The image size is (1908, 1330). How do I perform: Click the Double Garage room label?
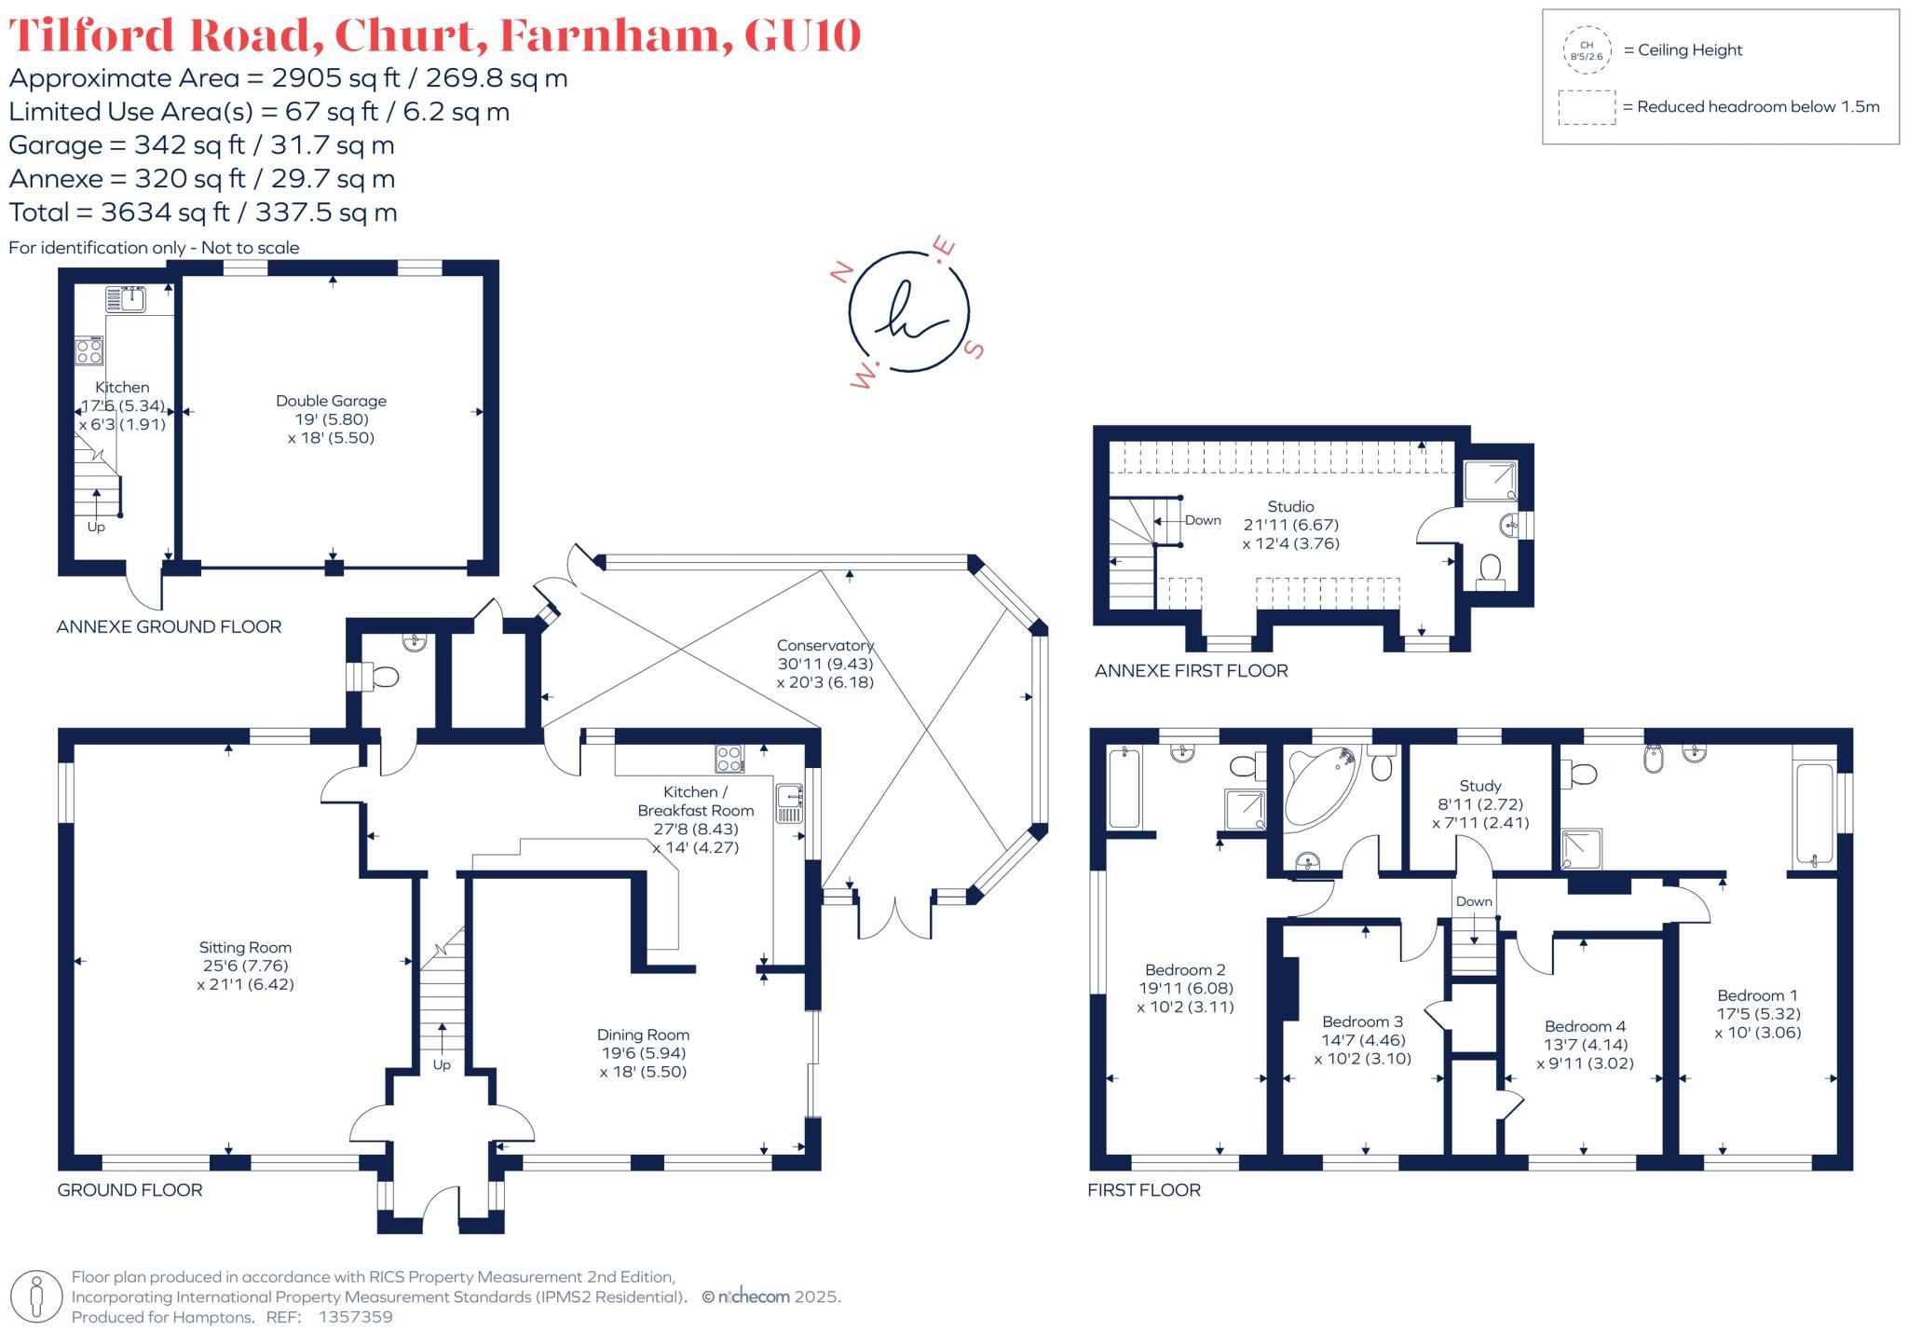click(x=331, y=401)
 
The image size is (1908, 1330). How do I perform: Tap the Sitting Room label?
click(x=245, y=947)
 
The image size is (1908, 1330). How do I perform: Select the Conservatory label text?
click(x=825, y=645)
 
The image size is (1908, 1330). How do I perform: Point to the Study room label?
click(x=1479, y=786)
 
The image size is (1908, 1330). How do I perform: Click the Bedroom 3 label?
click(x=1362, y=1021)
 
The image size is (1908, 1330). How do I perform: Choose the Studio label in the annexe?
click(x=1290, y=506)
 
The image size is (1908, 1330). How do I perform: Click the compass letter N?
click(x=841, y=272)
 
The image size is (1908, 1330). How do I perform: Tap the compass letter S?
click(x=974, y=350)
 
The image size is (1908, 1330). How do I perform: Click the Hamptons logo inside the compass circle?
click(x=908, y=311)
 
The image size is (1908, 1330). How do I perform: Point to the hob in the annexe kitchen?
click(x=89, y=351)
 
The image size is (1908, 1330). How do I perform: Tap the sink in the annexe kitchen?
click(x=125, y=299)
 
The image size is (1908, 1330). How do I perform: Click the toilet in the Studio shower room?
click(x=1491, y=570)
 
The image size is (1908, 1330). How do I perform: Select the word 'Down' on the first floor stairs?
click(x=1474, y=901)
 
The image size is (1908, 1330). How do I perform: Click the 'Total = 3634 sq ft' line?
click(x=203, y=213)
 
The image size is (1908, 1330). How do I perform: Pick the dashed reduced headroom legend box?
click(x=1587, y=107)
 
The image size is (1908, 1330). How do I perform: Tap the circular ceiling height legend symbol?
click(x=1587, y=50)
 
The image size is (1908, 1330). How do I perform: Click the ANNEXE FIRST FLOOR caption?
click(x=1191, y=671)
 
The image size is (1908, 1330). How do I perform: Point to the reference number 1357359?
click(x=355, y=1317)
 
